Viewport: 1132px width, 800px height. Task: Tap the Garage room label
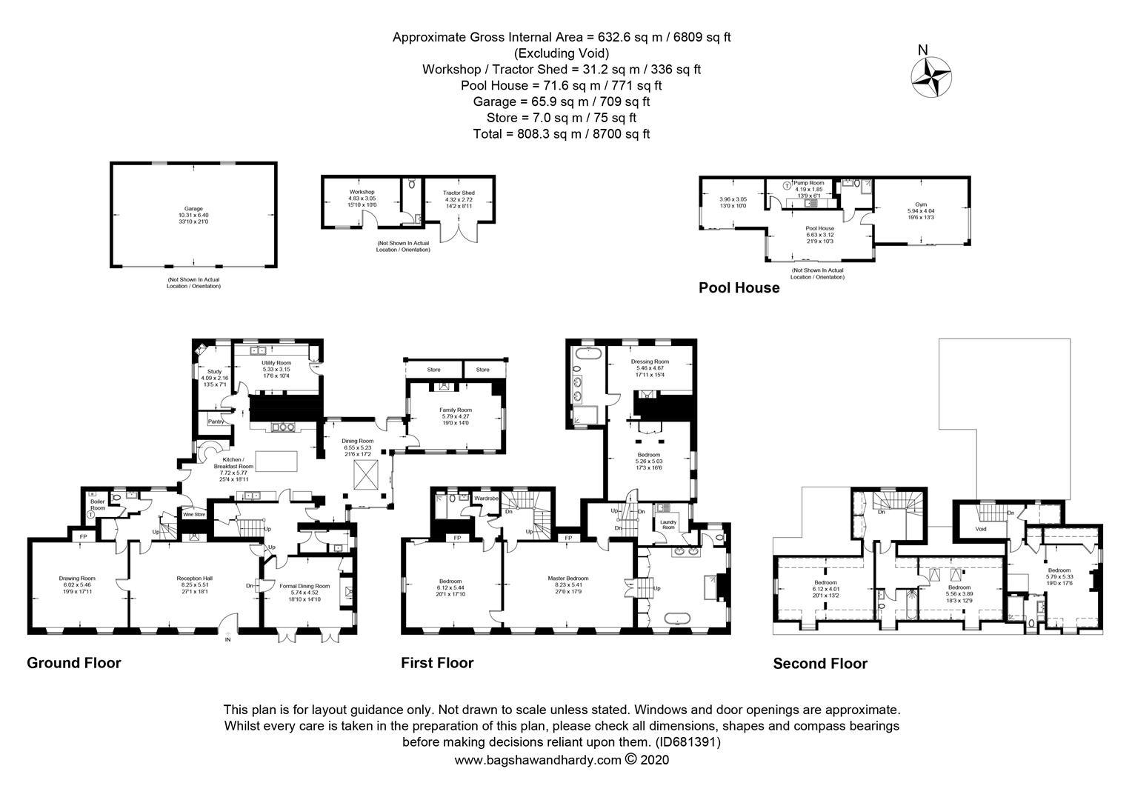[x=193, y=209]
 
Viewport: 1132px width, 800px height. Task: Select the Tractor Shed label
[x=459, y=193]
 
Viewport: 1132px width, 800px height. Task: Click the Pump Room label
[x=808, y=181]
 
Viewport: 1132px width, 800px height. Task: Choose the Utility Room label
[x=277, y=363]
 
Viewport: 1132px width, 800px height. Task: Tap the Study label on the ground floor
[x=214, y=371]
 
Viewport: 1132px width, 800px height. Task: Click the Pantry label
[x=216, y=421]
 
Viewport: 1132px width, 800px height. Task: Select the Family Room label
[x=456, y=410]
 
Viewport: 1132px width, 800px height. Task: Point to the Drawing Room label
[x=77, y=579]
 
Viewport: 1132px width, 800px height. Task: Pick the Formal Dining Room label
[x=304, y=586]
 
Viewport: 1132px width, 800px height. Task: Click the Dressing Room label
[x=650, y=361]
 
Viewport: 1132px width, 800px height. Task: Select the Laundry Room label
[x=668, y=524]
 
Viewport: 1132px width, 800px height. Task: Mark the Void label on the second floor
[x=981, y=529]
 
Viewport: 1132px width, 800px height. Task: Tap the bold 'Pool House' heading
[x=739, y=288]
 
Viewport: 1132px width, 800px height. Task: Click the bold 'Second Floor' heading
[x=819, y=664]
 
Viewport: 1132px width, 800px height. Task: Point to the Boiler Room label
[x=98, y=504]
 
